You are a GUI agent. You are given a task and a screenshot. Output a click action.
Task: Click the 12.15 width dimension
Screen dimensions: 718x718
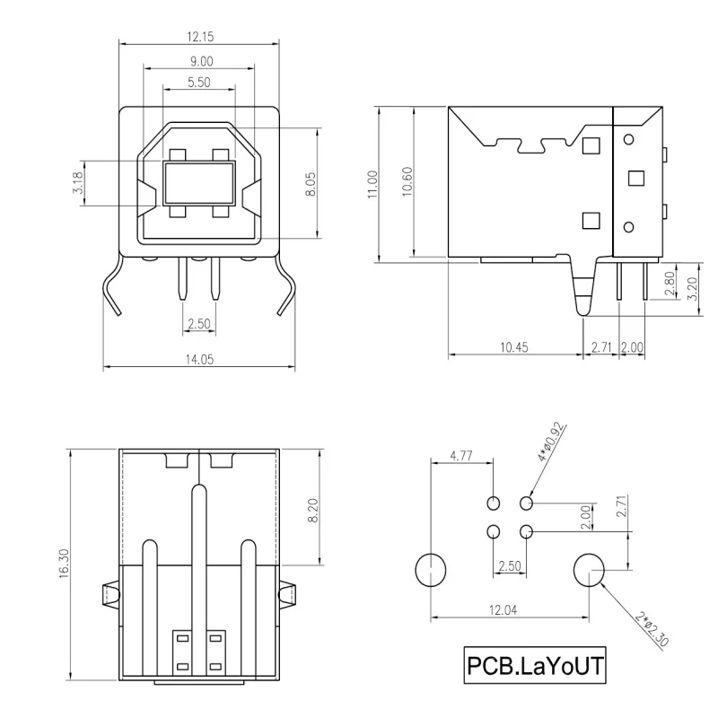pos(199,37)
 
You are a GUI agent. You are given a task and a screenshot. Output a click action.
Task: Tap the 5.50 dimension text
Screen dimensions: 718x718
pos(199,82)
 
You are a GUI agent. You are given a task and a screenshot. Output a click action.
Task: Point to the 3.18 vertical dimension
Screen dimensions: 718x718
pos(80,184)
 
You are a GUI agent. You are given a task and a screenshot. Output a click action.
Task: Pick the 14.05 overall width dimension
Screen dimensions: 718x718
pos(199,358)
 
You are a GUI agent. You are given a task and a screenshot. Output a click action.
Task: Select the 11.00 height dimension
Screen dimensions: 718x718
pos(372,184)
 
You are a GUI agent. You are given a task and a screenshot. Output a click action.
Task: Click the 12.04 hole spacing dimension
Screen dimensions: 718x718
pos(508,610)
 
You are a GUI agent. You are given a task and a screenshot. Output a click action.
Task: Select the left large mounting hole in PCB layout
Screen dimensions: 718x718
pos(431,568)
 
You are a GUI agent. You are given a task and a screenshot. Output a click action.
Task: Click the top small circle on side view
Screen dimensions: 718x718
pos(628,139)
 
